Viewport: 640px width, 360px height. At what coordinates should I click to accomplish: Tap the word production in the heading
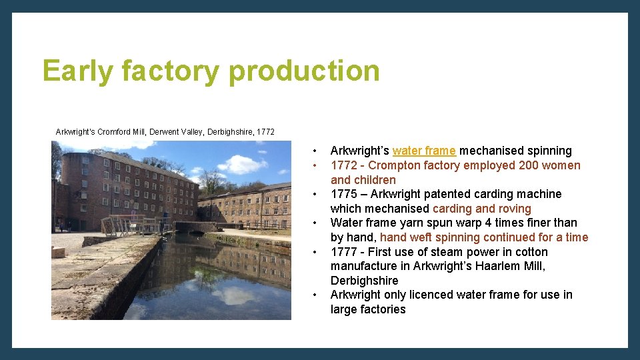pos(304,71)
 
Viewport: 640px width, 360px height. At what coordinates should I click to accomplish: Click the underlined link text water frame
pos(424,151)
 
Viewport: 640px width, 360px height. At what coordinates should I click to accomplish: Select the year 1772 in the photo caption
pos(264,132)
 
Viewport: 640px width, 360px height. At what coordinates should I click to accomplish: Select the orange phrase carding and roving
pos(481,209)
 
